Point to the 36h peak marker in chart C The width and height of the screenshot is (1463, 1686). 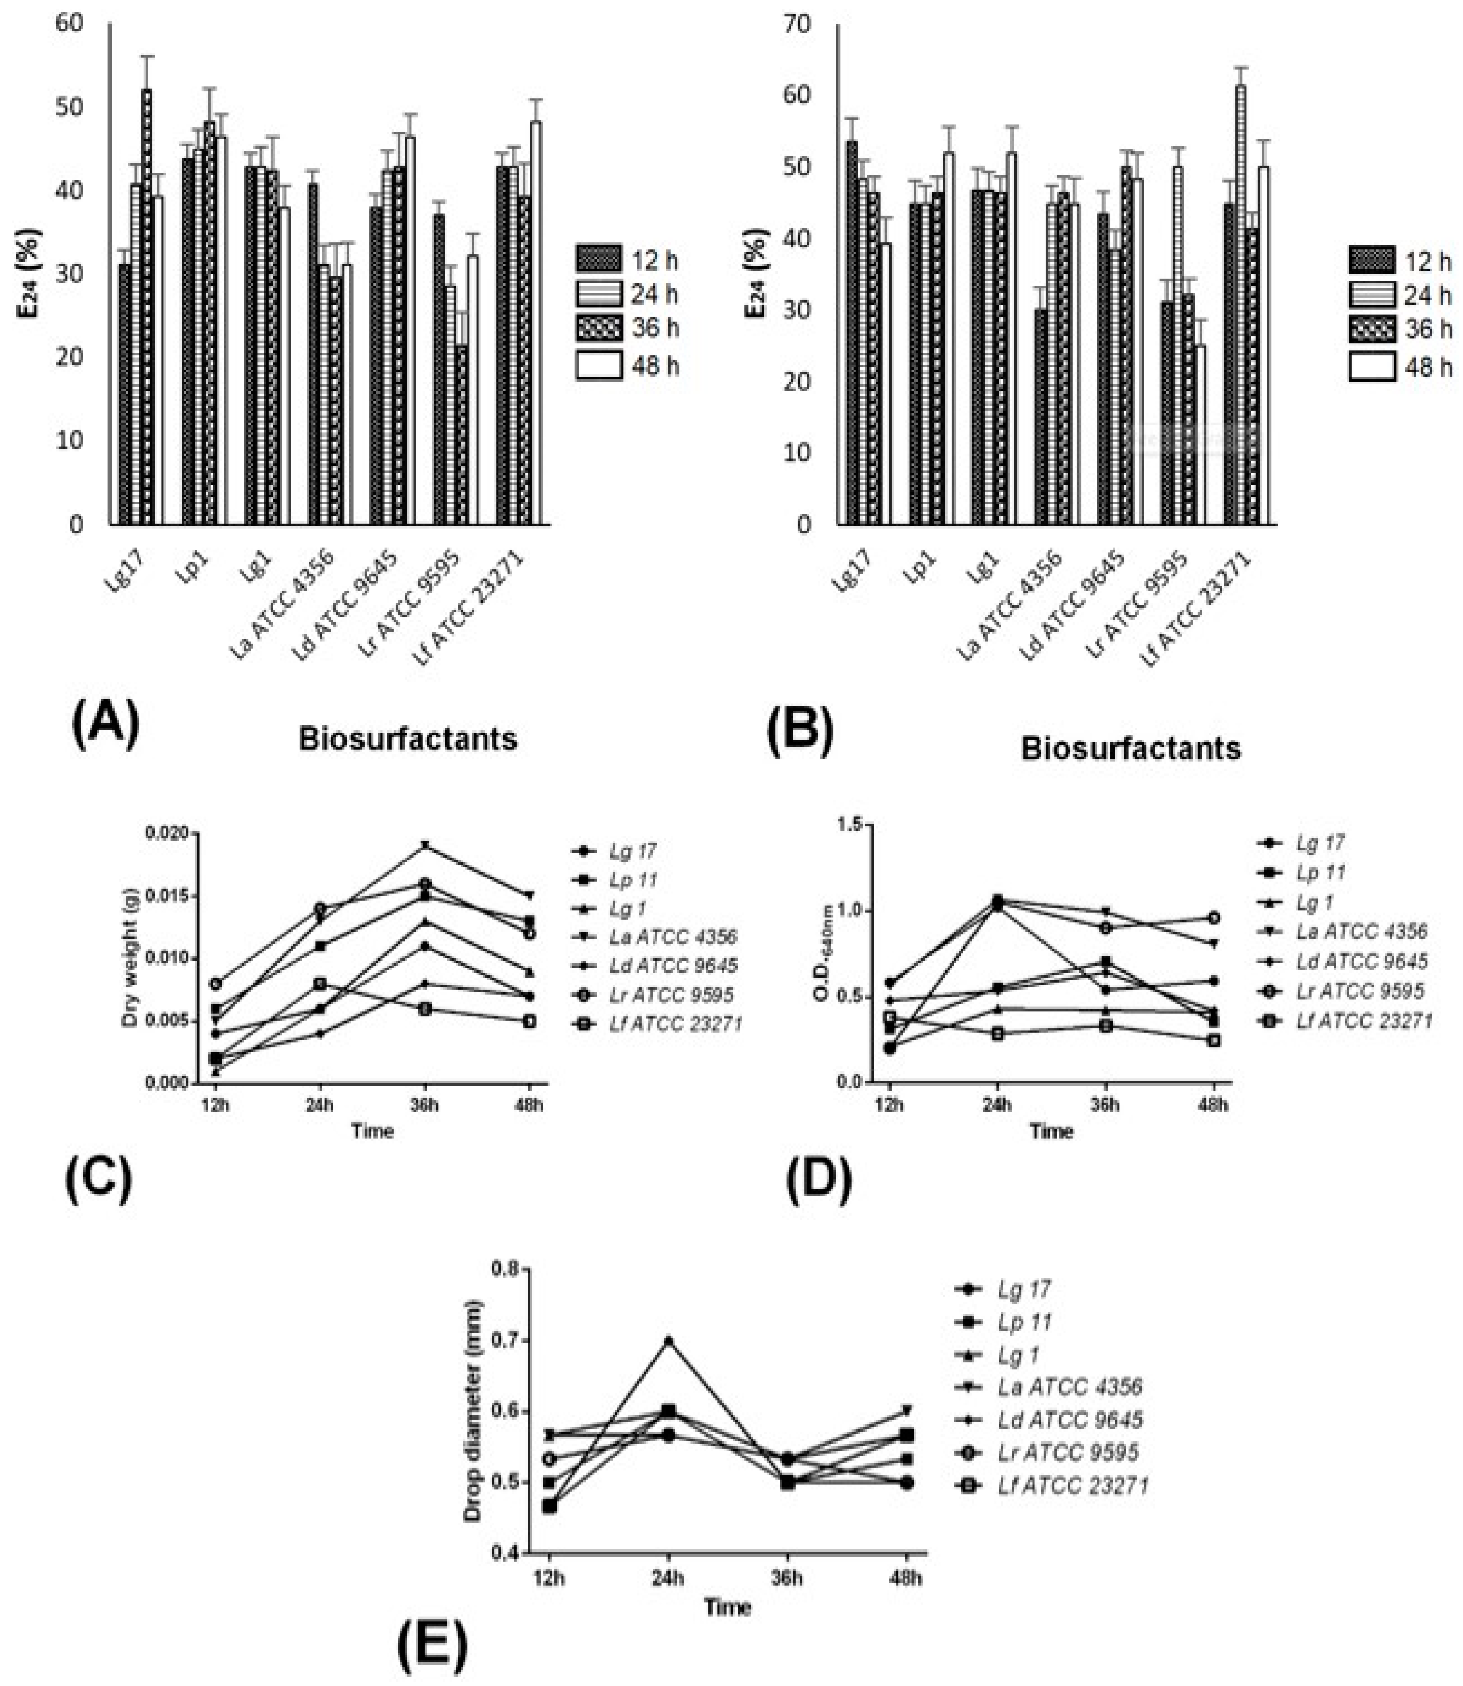(x=424, y=845)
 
